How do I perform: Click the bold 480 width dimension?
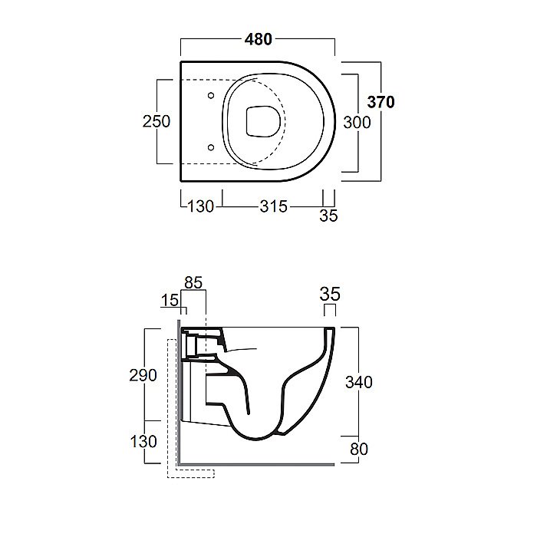pos(259,39)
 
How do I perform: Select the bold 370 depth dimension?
pos(381,102)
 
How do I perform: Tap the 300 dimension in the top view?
pos(357,123)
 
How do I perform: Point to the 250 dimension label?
pos(156,121)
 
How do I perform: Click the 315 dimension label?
pos(273,206)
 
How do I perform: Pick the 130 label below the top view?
pos(201,206)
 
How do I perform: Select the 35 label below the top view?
pos(328,216)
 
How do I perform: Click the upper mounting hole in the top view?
pos(211,95)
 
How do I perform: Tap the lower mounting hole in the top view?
pos(211,147)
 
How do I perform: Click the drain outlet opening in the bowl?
pos(263,121)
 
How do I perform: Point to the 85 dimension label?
pos(193,283)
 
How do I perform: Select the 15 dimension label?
pos(170,301)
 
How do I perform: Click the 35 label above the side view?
pos(330,294)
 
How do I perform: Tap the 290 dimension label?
pos(143,375)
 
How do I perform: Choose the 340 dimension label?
pos(359,382)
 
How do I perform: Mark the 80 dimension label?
pos(359,449)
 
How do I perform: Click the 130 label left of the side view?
pos(143,441)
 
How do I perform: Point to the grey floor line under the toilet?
pos(257,465)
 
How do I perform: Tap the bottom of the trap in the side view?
pos(256,439)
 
